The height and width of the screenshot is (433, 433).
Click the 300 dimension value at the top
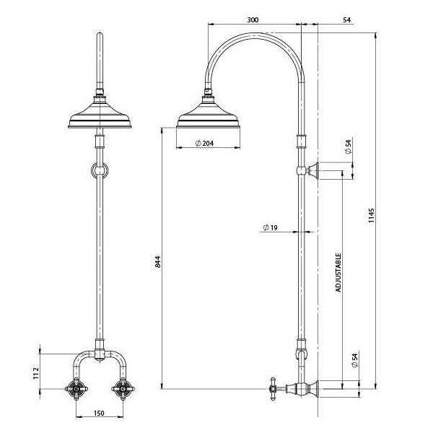point(252,19)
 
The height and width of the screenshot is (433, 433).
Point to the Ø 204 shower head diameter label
point(206,142)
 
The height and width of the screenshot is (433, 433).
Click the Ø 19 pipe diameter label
point(271,228)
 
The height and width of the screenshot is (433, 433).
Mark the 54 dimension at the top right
point(349,19)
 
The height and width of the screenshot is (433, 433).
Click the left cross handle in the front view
point(77,390)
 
